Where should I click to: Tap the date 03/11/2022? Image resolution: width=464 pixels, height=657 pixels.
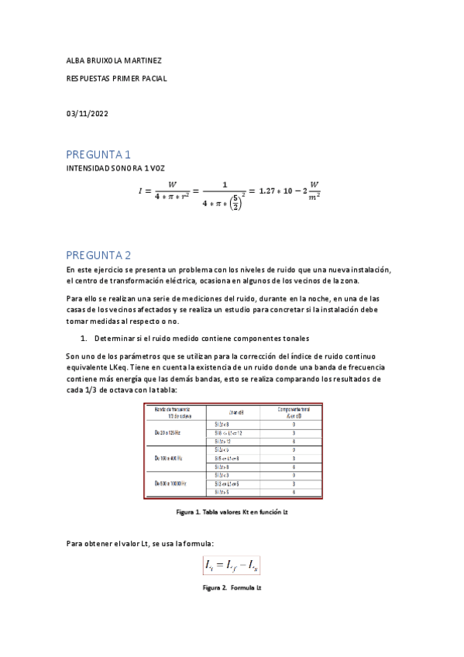[88, 115]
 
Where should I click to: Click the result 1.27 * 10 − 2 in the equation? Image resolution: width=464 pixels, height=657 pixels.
[281, 191]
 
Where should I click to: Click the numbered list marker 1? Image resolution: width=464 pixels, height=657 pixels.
[84, 339]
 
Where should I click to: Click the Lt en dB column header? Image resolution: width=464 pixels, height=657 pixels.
[237, 411]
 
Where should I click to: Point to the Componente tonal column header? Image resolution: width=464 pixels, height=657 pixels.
[294, 411]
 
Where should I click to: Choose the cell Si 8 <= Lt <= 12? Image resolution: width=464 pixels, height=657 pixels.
[229, 432]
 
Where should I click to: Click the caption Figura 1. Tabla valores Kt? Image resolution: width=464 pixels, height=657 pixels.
[232, 512]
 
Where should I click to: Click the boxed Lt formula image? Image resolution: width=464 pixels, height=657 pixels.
[232, 566]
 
